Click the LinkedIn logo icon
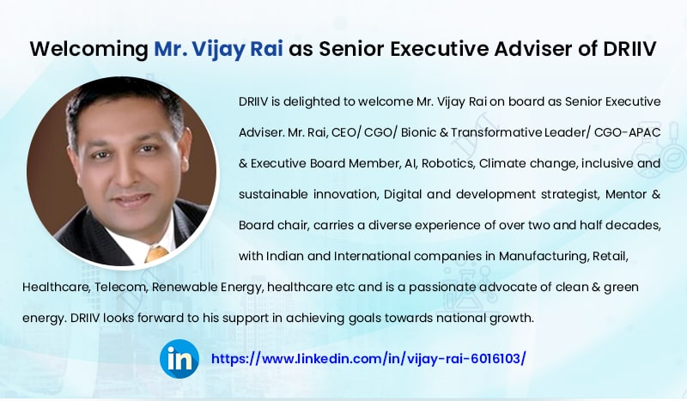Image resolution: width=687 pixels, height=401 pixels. click(x=179, y=359)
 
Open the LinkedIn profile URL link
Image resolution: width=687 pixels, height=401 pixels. click(x=368, y=359)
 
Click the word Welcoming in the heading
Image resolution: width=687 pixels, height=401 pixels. click(x=89, y=49)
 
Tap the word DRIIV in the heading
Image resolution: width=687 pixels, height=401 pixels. click(x=629, y=49)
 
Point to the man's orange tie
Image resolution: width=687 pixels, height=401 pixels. click(x=156, y=253)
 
